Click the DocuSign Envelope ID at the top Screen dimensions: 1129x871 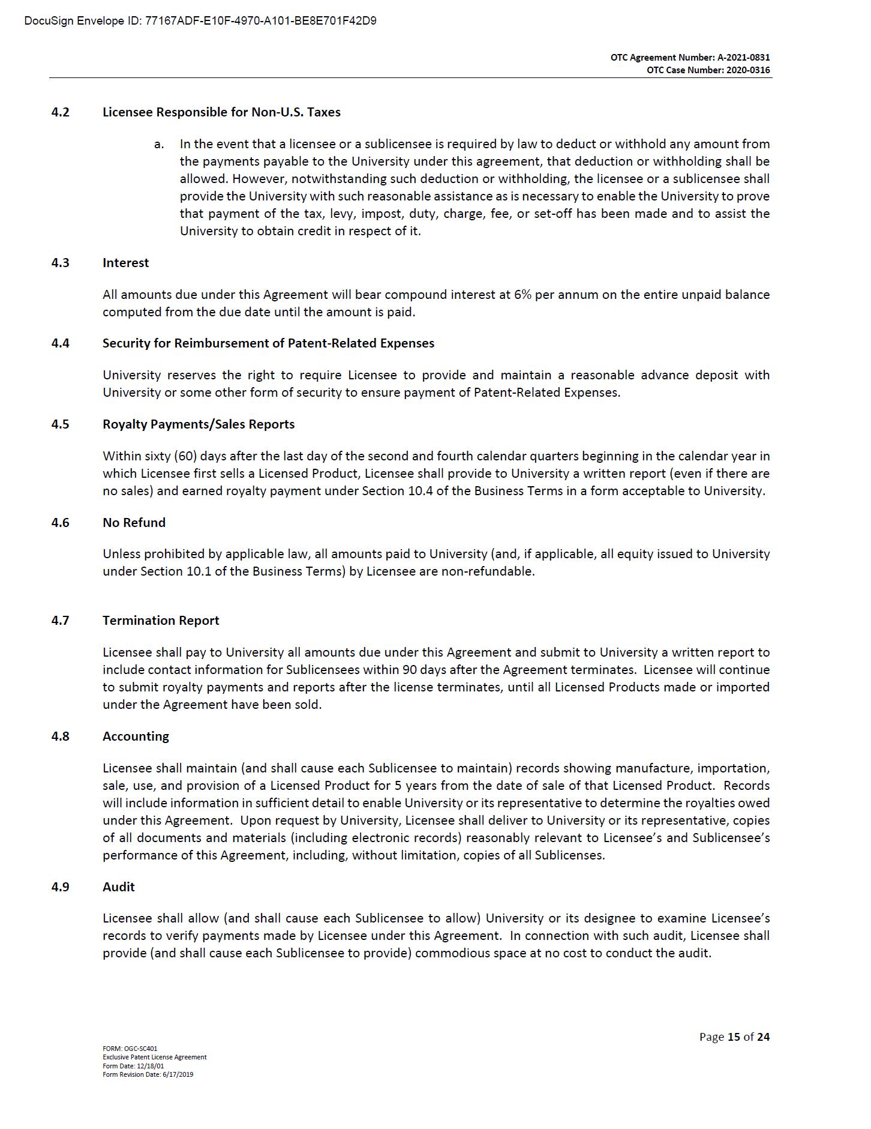pos(200,21)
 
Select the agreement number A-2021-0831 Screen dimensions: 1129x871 pos(743,58)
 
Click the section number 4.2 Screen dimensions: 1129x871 pos(60,112)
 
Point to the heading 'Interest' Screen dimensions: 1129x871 pos(125,263)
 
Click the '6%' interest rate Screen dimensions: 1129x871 pos(522,295)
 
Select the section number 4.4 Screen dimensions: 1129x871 pos(60,343)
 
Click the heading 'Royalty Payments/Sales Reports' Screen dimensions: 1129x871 pos(199,424)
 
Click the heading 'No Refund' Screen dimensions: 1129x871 pos(134,523)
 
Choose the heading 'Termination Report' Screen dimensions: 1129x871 pos(161,621)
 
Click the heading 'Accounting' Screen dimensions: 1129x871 pos(136,736)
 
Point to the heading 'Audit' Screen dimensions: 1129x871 pos(118,887)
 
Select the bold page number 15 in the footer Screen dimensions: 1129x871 pos(734,1037)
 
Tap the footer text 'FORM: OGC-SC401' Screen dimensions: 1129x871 pos(130,1049)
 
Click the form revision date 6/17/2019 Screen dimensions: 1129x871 pos(177,1074)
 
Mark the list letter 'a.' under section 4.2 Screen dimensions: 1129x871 pos(159,145)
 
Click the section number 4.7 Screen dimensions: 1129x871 pos(60,621)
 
